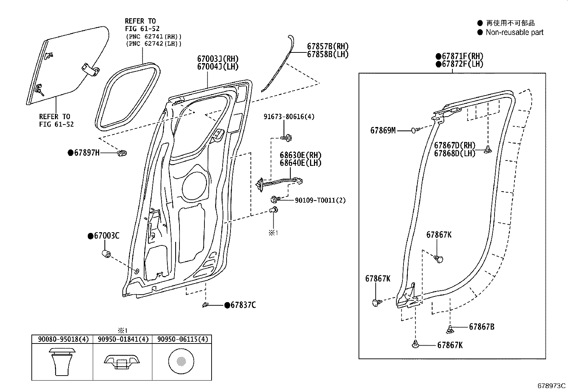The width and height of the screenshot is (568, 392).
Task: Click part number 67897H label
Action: click(86, 153)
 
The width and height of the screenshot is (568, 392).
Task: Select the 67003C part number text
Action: click(106, 236)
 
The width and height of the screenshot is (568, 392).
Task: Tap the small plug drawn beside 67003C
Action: click(106, 254)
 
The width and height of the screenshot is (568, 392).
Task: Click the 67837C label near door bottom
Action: click(243, 305)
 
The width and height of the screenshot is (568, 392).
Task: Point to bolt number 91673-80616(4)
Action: click(289, 117)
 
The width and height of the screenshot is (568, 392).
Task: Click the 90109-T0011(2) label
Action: click(320, 200)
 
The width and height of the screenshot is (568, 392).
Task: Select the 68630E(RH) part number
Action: click(300, 155)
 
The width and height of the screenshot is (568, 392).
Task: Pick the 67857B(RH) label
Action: click(328, 46)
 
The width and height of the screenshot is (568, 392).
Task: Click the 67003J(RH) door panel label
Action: click(218, 59)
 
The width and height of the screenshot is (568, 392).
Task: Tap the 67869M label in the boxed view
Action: click(382, 131)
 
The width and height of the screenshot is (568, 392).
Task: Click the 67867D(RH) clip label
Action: click(455, 146)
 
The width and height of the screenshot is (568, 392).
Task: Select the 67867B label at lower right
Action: click(481, 327)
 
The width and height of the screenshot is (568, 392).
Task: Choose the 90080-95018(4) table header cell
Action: click(62, 339)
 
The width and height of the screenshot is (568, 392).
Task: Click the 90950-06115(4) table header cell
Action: click(182, 339)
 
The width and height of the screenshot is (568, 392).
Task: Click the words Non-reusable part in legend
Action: click(514, 32)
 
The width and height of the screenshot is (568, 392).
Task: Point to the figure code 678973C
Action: click(551, 386)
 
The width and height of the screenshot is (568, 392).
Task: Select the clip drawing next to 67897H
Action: click(122, 153)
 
